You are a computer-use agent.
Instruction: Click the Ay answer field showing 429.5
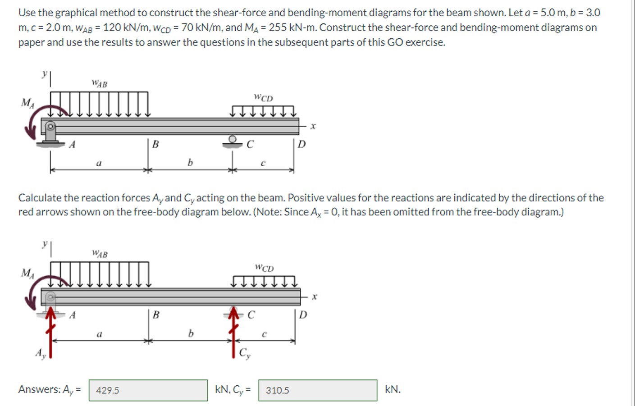[148, 390]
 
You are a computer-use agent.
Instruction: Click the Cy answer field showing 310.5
[318, 390]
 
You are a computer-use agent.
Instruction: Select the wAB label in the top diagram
[100, 83]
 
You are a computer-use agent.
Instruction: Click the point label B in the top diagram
[155, 144]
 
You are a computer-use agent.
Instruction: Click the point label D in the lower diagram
[303, 315]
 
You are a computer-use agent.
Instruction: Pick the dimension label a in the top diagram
[99, 163]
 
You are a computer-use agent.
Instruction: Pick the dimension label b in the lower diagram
[191, 333]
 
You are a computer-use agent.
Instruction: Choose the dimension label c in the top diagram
[263, 163]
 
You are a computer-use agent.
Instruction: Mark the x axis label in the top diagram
[313, 126]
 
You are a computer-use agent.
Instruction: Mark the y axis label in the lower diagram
[45, 244]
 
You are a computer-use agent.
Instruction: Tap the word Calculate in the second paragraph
[40, 198]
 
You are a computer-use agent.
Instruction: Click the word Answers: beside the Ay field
[39, 389]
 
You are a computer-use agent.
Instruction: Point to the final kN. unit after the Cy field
[393, 389]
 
